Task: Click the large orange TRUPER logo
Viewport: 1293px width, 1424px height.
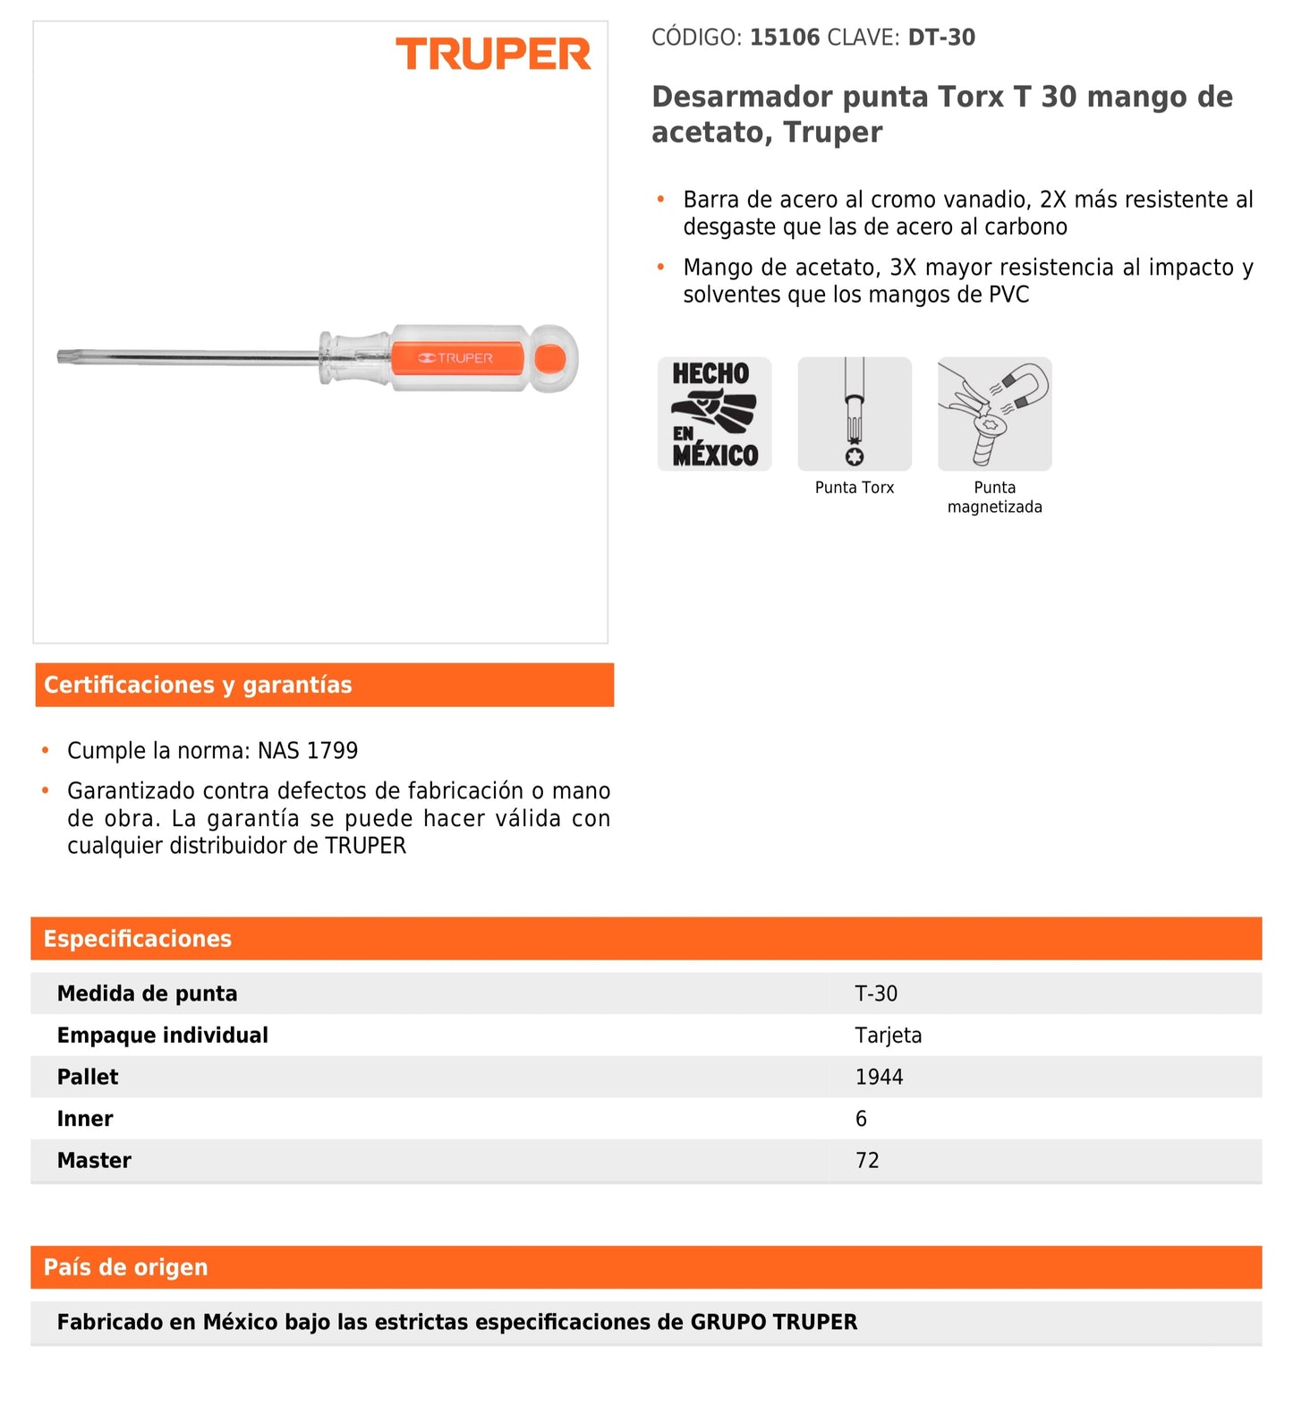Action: point(493,55)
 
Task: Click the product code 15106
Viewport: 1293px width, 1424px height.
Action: point(784,38)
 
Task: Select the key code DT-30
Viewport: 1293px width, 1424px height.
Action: point(941,38)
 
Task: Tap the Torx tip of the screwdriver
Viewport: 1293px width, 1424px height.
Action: point(65,357)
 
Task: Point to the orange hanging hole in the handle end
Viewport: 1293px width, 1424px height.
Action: point(550,359)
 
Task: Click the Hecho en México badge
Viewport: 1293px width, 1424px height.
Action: point(714,414)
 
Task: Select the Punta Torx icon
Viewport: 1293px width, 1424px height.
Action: point(855,414)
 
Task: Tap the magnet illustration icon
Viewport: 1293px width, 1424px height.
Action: point(994,414)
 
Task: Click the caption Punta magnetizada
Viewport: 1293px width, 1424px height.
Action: point(994,497)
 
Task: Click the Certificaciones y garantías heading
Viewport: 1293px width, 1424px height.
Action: point(198,685)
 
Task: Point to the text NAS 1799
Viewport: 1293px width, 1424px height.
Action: point(308,750)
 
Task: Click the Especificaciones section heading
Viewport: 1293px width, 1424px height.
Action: point(138,939)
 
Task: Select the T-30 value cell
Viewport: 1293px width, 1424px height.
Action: point(876,993)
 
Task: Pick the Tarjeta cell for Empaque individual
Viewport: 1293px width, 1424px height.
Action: point(888,1036)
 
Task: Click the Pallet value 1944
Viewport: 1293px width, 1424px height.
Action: point(879,1077)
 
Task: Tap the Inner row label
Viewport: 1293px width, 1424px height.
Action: point(85,1119)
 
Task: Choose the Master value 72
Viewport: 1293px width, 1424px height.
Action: point(867,1161)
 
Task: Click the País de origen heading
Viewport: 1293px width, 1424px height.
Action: point(126,1267)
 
